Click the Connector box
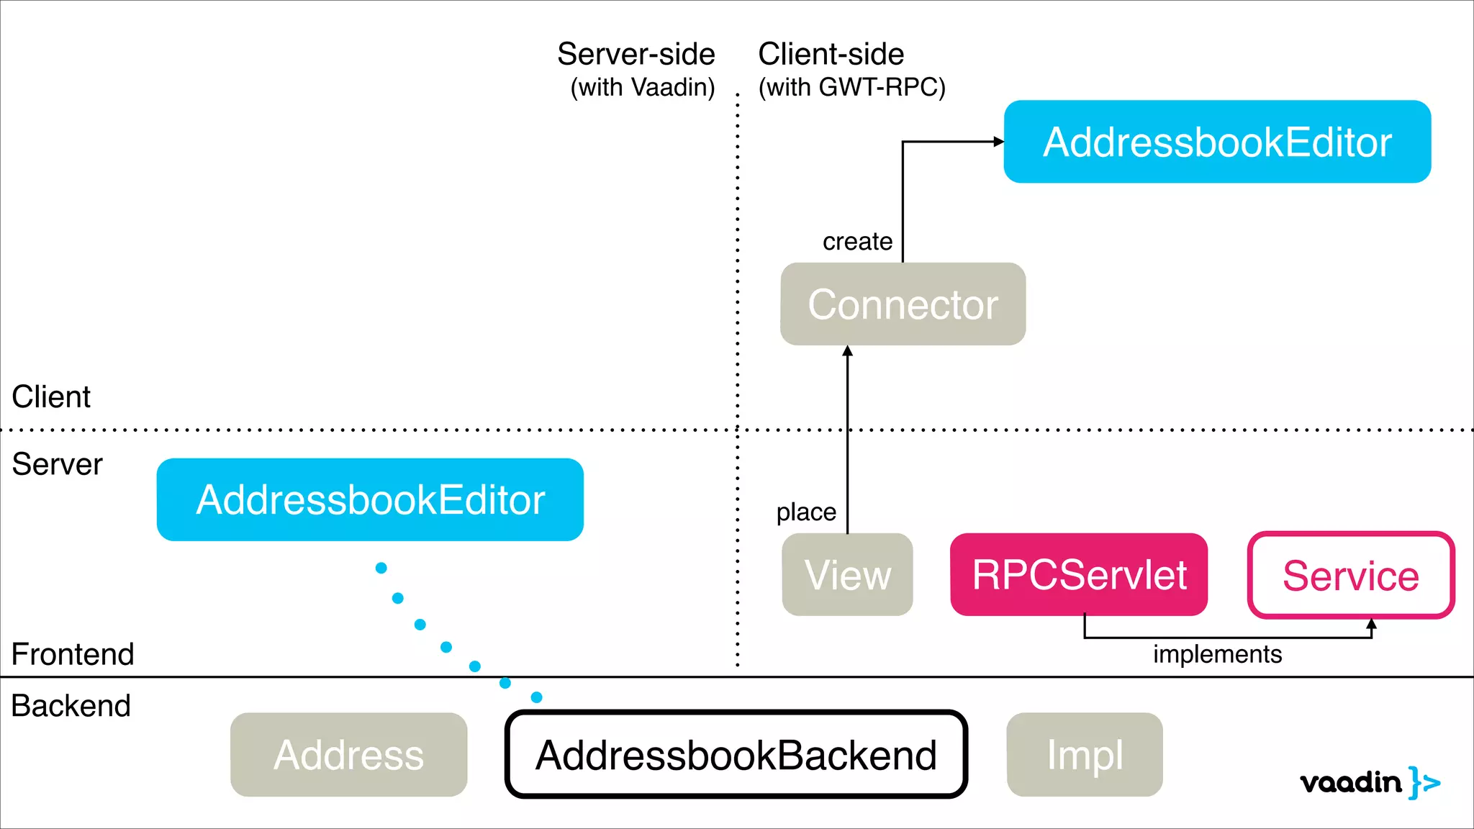click(903, 304)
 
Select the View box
click(847, 574)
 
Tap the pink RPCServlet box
click(1078, 574)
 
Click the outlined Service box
click(1350, 575)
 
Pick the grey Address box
click(348, 754)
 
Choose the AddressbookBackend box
click(736, 754)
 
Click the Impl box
click(1084, 754)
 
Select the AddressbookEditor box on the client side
click(1216, 142)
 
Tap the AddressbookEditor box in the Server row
click(370, 499)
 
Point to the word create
click(857, 241)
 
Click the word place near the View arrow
click(806, 512)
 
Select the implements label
click(1217, 654)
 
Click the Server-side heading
click(636, 55)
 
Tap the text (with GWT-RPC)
click(851, 87)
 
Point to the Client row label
click(51, 397)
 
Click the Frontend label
click(73, 654)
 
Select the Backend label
click(71, 705)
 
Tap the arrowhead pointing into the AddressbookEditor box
click(998, 142)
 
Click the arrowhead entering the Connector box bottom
click(847, 351)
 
